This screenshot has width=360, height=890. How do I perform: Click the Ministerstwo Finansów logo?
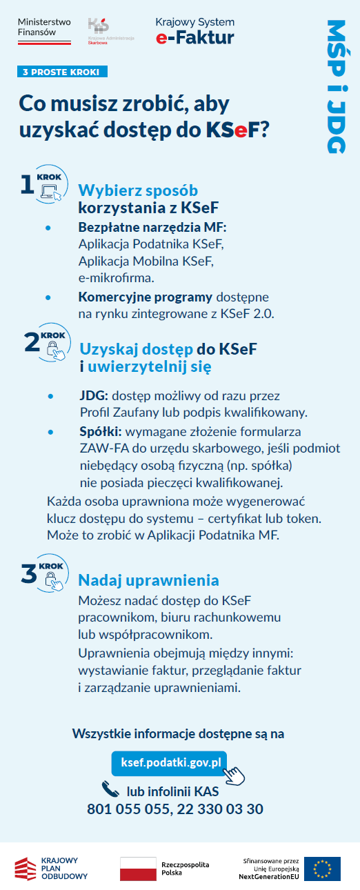click(44, 31)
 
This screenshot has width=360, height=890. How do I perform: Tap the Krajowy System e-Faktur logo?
click(194, 32)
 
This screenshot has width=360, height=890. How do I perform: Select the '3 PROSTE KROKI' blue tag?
click(63, 72)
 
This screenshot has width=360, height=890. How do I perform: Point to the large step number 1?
click(27, 185)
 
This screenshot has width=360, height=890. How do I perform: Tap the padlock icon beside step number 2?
click(54, 350)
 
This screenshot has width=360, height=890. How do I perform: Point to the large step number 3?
click(28, 574)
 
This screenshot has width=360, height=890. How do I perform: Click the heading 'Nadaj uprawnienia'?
click(148, 580)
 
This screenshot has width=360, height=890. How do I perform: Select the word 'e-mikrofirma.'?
click(115, 278)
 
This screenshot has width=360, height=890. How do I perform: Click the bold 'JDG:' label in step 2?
click(94, 397)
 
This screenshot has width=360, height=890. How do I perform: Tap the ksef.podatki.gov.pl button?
click(170, 762)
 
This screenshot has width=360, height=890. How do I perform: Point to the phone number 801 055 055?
click(128, 809)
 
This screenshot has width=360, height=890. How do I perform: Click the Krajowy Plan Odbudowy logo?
click(51, 868)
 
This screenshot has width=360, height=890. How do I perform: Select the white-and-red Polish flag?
click(138, 869)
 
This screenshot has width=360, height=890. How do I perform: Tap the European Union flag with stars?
click(322, 869)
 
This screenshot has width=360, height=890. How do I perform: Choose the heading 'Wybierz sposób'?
click(138, 190)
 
